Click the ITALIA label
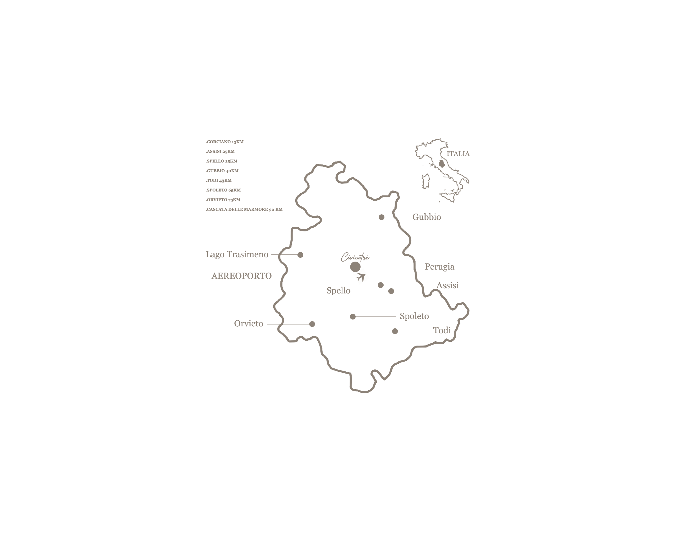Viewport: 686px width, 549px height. tap(458, 154)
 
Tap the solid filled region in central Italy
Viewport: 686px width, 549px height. tap(442, 164)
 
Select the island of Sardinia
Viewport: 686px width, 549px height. tap(425, 181)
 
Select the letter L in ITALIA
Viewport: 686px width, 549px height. tap(461, 154)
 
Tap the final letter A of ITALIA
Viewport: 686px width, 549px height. tap(467, 154)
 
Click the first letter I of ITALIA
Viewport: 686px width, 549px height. tap(448, 154)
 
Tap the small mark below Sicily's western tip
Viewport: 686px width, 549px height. tap(440, 202)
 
